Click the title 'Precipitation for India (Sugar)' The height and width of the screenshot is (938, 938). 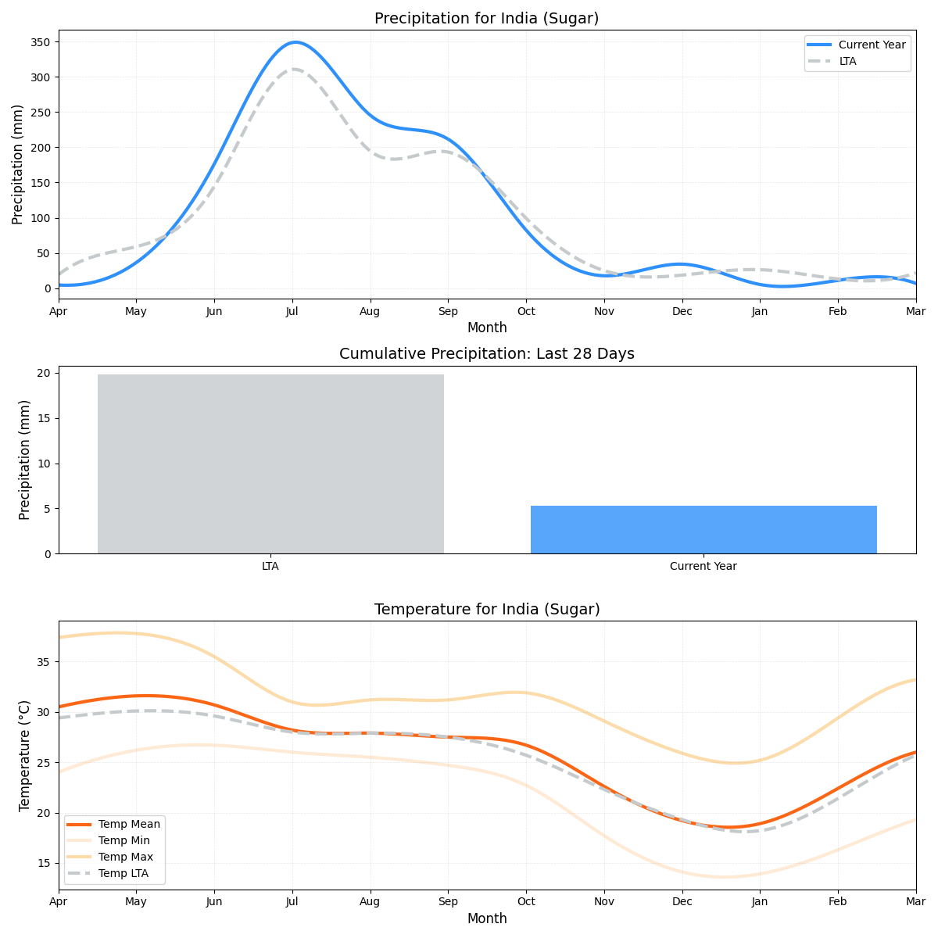pos(486,19)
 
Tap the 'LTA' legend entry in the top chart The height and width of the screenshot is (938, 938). pos(847,61)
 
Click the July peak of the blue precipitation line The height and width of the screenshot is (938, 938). pos(295,42)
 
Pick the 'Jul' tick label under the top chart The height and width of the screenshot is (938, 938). pos(292,311)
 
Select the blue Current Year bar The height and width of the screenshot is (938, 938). pos(703,529)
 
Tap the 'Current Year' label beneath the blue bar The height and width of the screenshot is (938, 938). pos(703,566)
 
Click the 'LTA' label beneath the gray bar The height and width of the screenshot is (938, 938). pos(270,566)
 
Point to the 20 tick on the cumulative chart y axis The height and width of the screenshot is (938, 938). pos(44,373)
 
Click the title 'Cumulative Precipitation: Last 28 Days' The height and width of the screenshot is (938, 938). pos(486,354)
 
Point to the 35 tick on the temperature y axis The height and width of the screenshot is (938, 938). pos(43,662)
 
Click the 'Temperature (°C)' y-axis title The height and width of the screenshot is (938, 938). pos(25,755)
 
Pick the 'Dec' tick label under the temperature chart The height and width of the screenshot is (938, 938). pos(682,902)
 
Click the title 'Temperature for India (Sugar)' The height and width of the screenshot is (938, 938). pos(486,610)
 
